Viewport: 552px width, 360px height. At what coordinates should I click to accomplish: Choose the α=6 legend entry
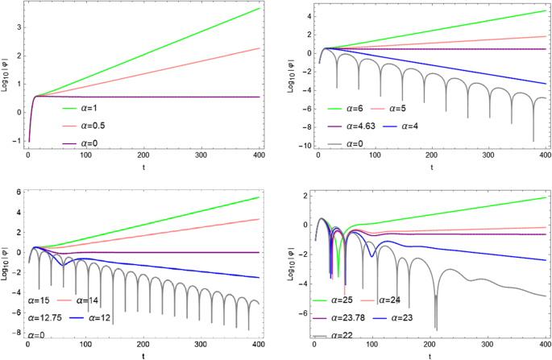[x=348, y=107]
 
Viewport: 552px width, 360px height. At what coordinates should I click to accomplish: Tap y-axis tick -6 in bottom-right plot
[x=301, y=312]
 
